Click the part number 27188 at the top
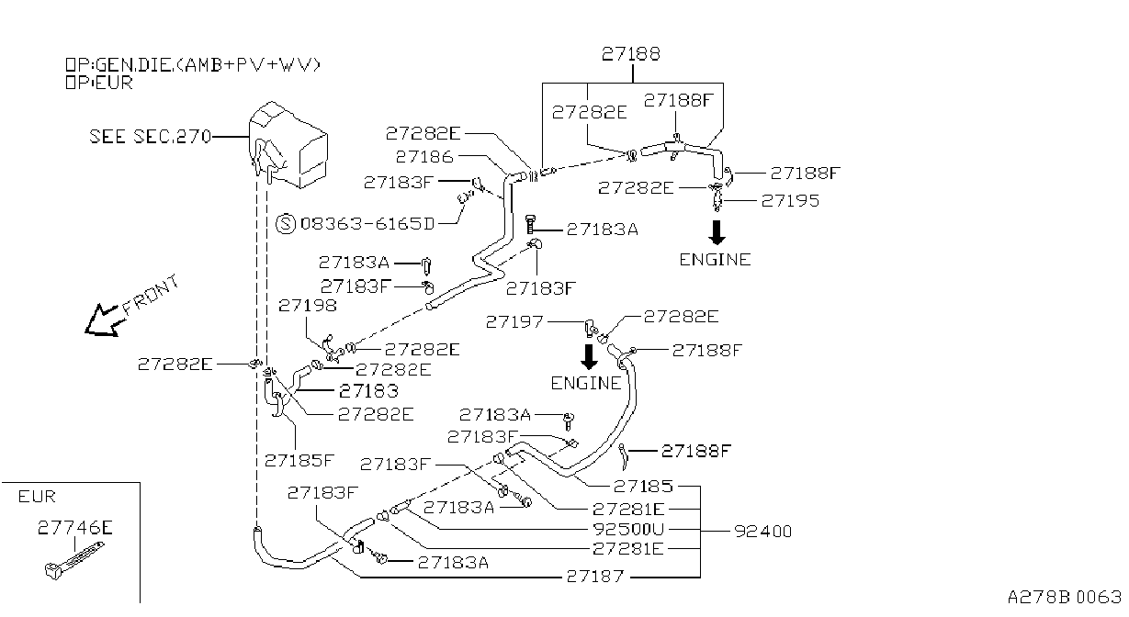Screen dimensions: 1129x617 click(630, 53)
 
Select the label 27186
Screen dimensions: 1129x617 click(424, 157)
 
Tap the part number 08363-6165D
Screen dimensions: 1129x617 click(367, 223)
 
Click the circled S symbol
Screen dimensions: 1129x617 click(286, 223)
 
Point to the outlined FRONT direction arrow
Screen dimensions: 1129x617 click(103, 320)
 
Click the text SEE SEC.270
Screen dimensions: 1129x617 click(151, 137)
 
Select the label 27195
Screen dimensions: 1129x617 click(790, 200)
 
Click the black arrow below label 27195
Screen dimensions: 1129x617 click(717, 232)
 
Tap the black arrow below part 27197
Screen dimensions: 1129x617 click(589, 356)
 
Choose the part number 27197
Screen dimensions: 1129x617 click(514, 321)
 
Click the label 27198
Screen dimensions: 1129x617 click(308, 305)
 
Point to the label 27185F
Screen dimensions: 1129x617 click(299, 460)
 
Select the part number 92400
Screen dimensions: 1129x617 click(763, 531)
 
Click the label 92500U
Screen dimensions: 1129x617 click(628, 529)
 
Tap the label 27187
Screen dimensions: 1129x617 click(595, 576)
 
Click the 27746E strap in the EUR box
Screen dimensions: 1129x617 click(74, 561)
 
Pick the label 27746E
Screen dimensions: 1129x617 click(75, 527)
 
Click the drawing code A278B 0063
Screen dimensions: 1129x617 click(1064, 597)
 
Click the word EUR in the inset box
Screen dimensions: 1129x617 click(37, 497)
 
